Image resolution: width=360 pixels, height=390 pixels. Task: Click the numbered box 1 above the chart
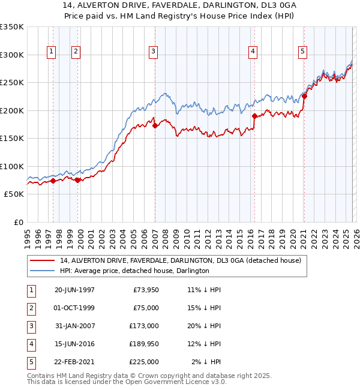click(51, 52)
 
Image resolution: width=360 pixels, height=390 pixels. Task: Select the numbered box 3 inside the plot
click(154, 52)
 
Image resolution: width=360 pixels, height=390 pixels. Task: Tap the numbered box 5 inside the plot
click(303, 52)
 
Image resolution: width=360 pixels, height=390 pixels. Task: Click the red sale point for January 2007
click(155, 126)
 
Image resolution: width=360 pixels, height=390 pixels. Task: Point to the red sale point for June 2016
click(254, 116)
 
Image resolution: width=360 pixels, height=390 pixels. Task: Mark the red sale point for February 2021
click(304, 96)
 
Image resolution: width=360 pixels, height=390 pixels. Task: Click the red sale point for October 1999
click(77, 180)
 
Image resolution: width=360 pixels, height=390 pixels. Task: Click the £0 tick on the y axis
click(18, 222)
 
